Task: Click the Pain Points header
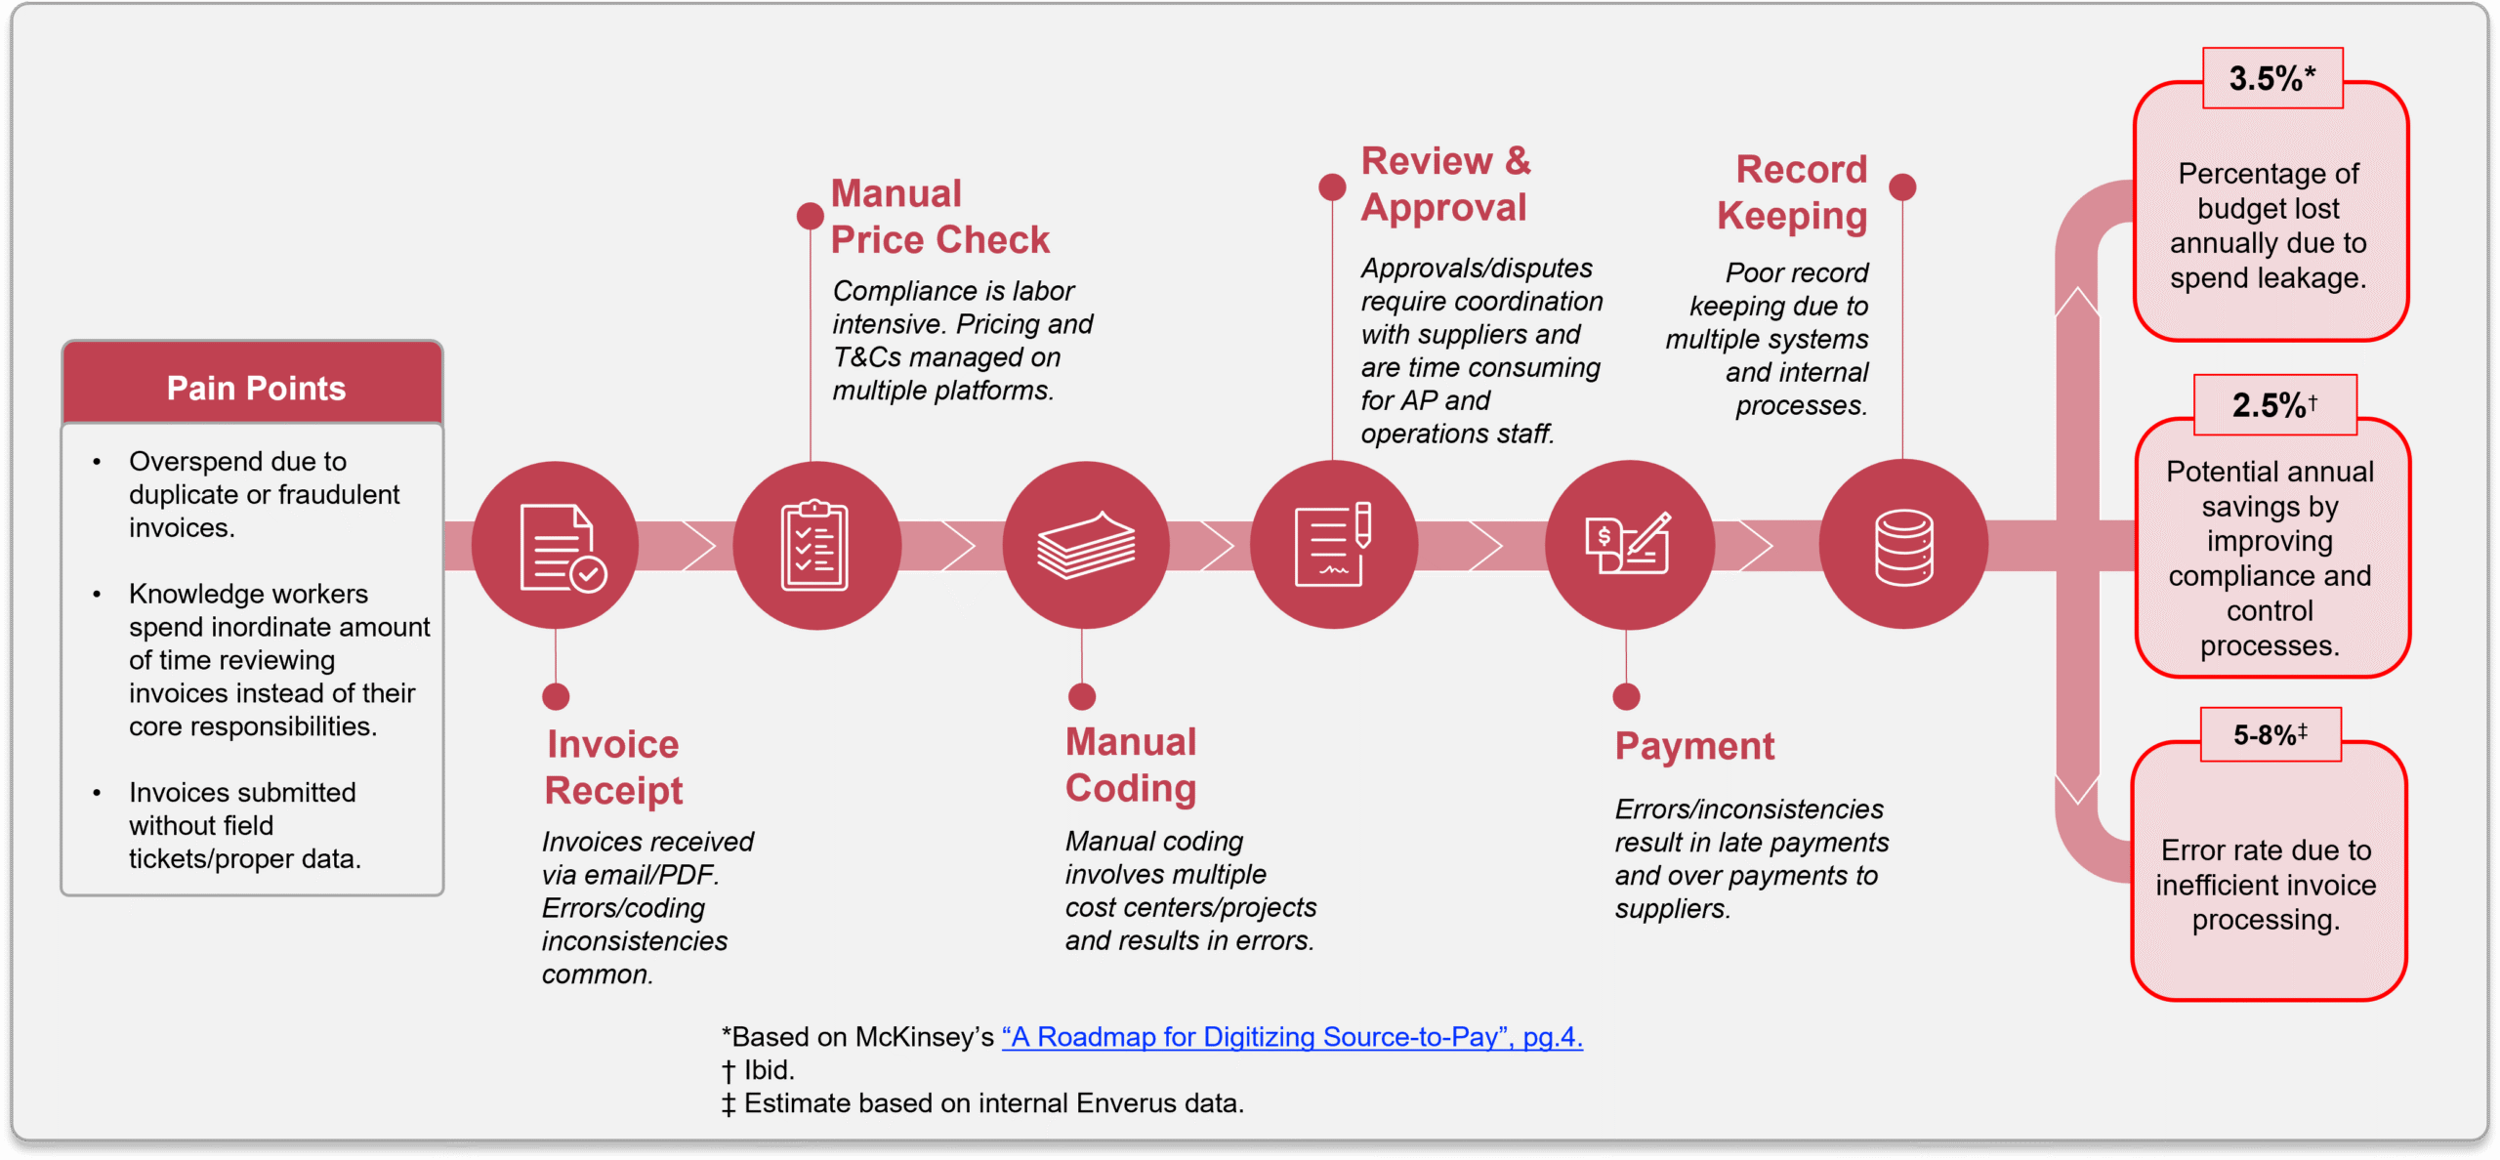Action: [256, 388]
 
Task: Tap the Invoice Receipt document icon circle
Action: [556, 545]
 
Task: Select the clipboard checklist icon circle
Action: [816, 545]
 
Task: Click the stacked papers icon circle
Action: [1085, 545]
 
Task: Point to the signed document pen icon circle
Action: [1333, 545]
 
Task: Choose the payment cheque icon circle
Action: [1628, 545]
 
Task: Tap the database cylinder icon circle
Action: [1903, 545]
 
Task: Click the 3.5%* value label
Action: [2272, 78]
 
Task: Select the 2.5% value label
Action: [2274, 405]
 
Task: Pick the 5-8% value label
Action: [2271, 734]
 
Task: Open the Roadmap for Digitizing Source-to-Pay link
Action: [1292, 1037]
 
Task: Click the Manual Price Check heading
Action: [939, 217]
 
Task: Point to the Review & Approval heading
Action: [1445, 184]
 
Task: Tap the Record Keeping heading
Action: [1793, 192]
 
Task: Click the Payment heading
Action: [1694, 746]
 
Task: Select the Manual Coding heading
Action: [1131, 765]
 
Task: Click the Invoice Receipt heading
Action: [613, 767]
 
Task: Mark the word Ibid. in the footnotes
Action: [770, 1070]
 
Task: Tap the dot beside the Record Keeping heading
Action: [1902, 186]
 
